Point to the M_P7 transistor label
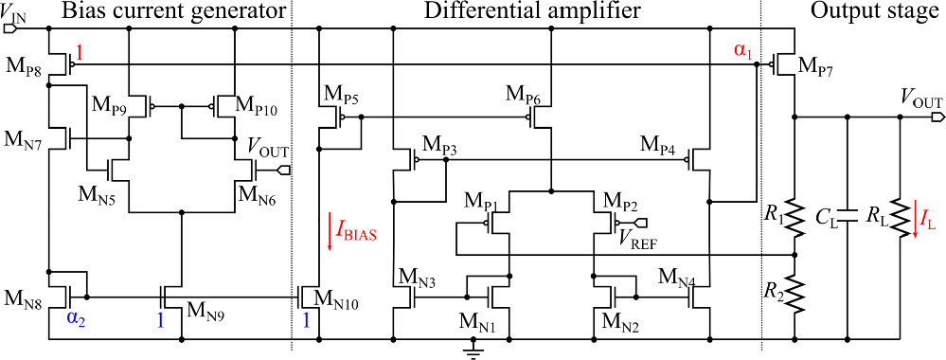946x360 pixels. [817, 65]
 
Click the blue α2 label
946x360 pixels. [76, 320]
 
